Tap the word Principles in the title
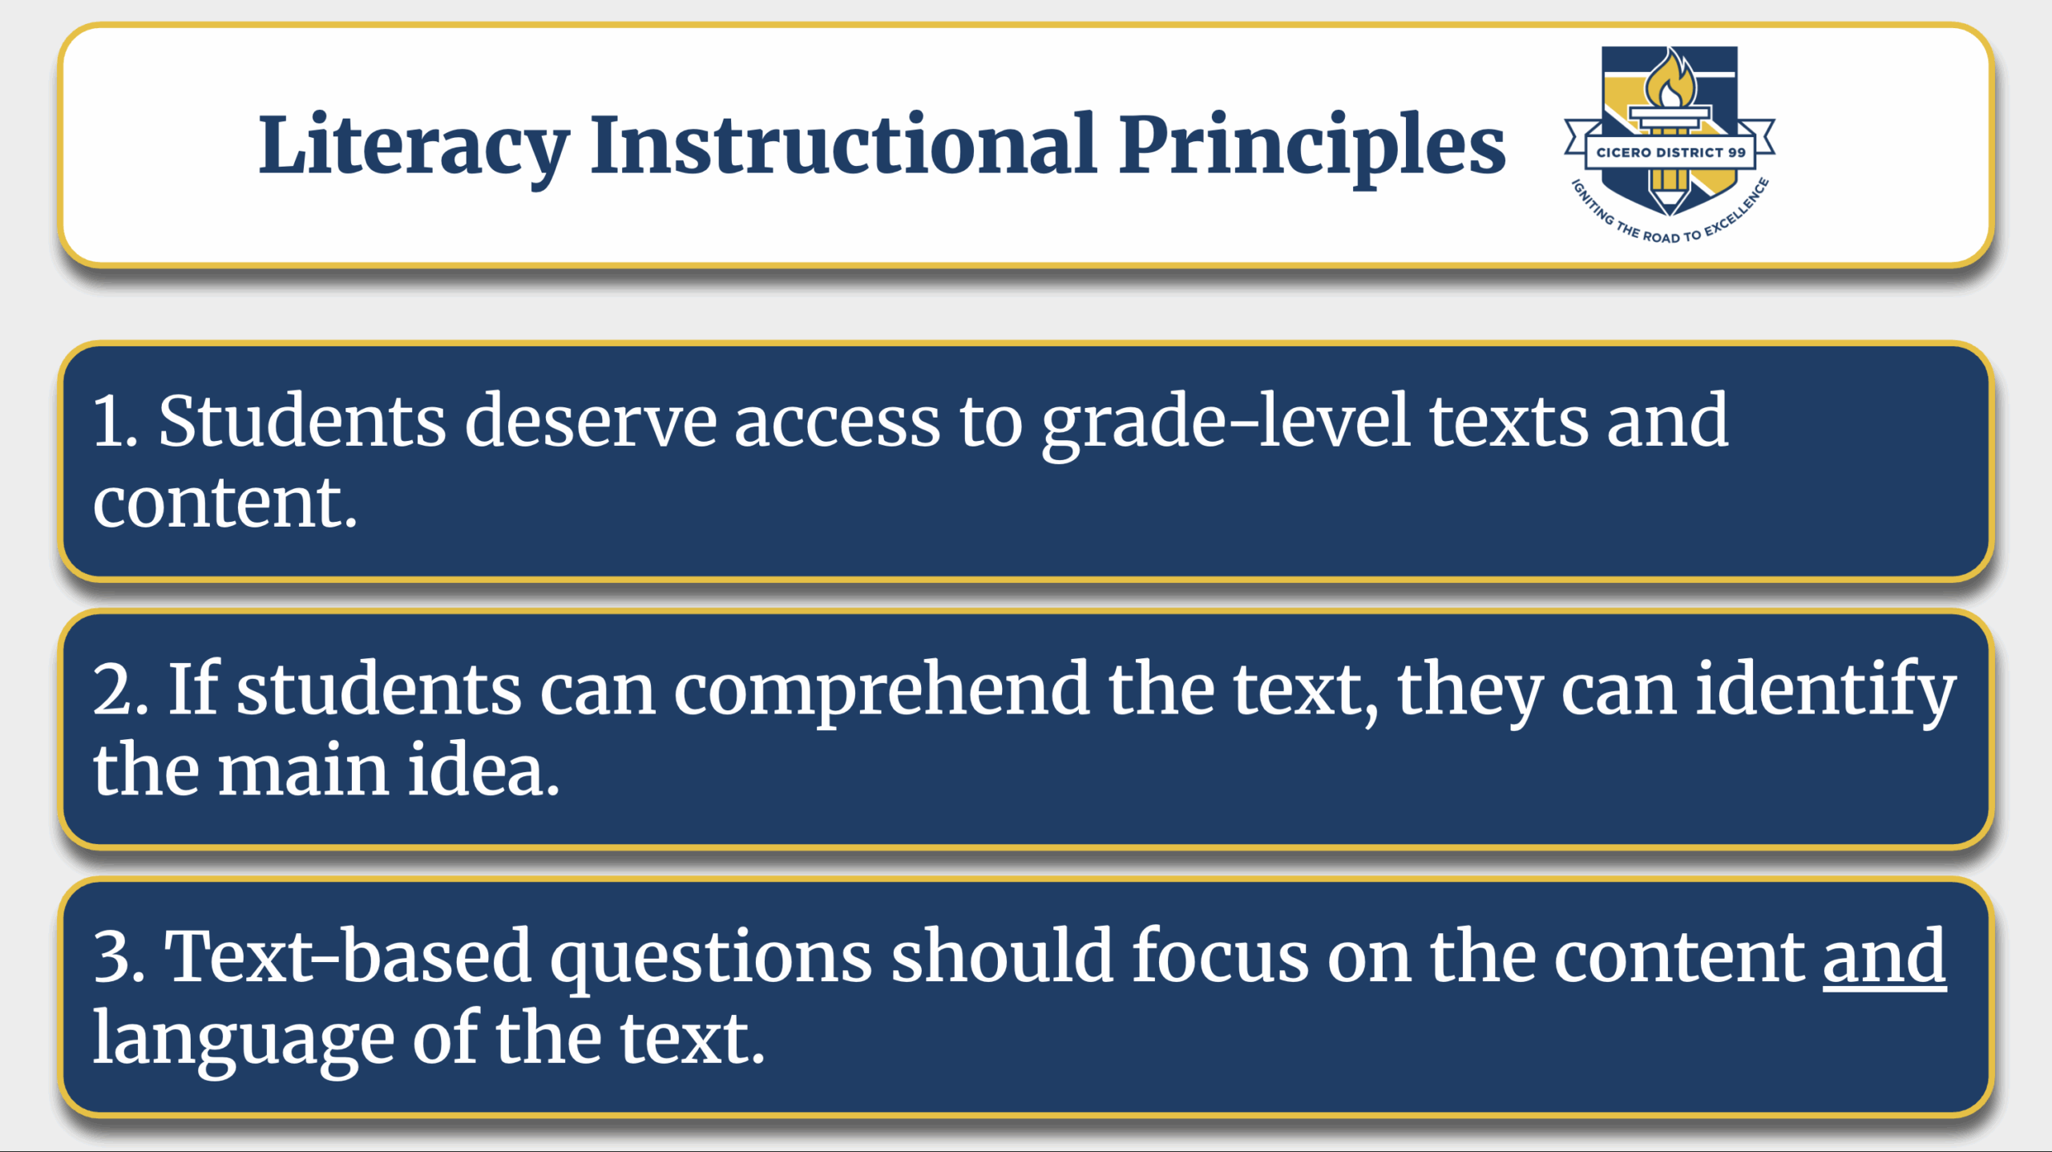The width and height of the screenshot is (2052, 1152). (1311, 148)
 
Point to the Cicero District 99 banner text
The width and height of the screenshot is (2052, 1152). (1670, 152)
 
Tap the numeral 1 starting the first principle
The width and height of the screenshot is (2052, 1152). (113, 421)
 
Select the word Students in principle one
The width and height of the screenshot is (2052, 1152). (301, 421)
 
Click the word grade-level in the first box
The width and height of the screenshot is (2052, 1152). (1226, 425)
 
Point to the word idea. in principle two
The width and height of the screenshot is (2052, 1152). (483, 769)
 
